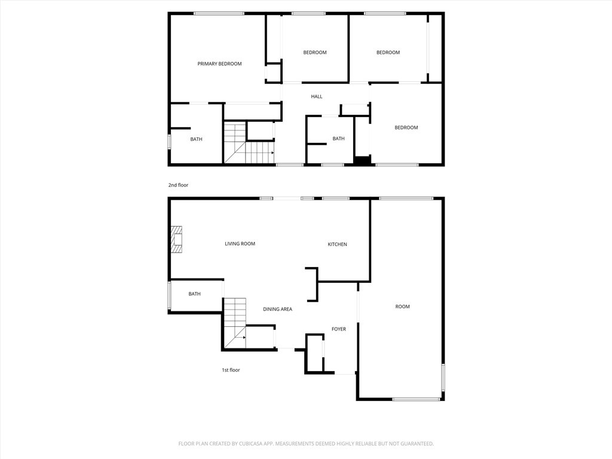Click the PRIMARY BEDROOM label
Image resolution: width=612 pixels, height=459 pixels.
[219, 64]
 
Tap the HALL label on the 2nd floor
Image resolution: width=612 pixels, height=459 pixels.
[316, 97]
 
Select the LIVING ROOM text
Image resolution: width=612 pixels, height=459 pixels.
[240, 244]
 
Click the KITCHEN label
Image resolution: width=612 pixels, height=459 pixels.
[337, 244]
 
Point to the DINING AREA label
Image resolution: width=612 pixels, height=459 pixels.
[277, 309]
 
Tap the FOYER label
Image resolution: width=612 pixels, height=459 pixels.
[339, 329]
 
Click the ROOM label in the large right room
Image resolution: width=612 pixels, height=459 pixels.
[402, 307]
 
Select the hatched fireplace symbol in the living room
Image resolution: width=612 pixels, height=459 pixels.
[177, 240]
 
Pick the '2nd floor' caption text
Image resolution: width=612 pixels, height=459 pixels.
[178, 185]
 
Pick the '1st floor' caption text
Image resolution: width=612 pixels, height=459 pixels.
[231, 371]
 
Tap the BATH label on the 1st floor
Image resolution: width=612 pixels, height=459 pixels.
[194, 294]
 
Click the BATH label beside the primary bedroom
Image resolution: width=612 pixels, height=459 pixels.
[196, 139]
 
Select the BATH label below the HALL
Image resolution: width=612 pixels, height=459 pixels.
[338, 139]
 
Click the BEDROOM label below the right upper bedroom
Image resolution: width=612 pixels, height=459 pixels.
[406, 127]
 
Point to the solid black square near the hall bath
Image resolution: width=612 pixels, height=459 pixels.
[362, 160]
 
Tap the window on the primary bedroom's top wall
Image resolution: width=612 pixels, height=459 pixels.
[218, 13]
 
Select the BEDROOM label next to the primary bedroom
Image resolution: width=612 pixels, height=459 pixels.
[314, 53]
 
